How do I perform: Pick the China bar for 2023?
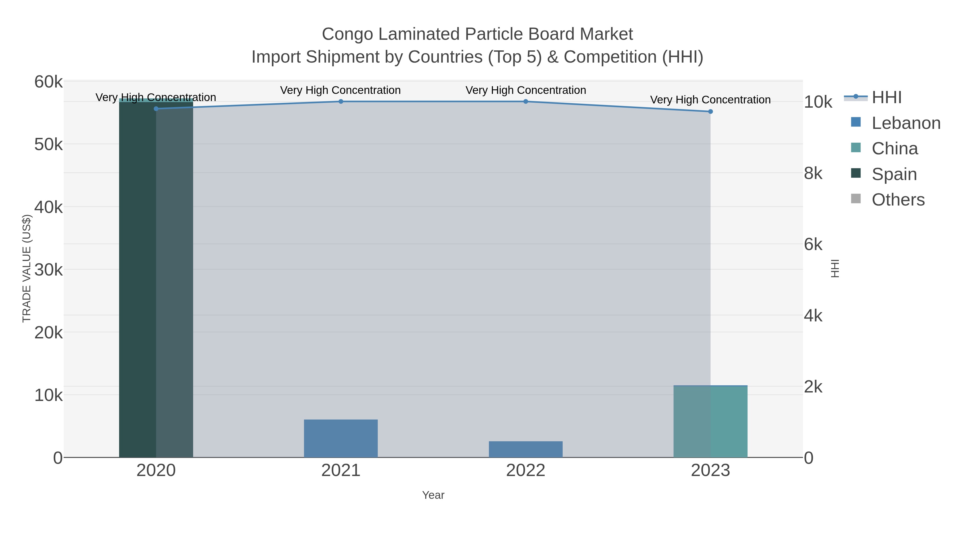pos(710,422)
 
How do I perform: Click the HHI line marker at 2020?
pos(156,108)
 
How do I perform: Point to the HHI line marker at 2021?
pos(341,102)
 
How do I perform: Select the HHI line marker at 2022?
pos(526,102)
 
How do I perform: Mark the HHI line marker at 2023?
pos(710,112)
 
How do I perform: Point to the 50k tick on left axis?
pos(48,145)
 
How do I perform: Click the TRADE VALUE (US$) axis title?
pos(27,268)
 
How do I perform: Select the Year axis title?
pos(433,495)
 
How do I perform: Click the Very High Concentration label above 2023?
pos(710,100)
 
